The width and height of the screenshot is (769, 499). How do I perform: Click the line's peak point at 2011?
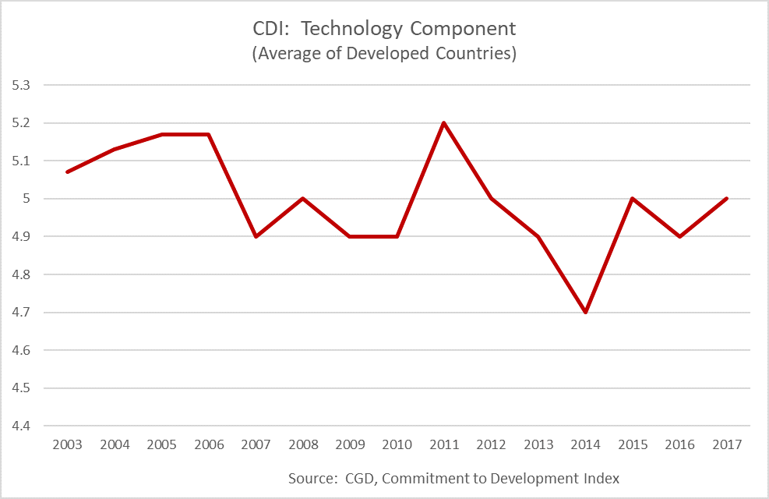pos(444,123)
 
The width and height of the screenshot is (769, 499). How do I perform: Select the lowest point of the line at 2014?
pos(585,312)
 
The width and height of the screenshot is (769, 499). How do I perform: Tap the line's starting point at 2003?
pos(68,172)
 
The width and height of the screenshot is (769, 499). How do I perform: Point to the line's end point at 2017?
pos(726,198)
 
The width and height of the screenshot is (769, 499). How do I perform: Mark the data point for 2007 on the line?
pos(256,236)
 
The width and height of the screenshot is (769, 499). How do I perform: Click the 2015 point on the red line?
pos(632,198)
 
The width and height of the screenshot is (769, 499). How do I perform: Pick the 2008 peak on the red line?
pos(303,198)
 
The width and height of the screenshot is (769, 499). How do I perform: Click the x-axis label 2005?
pos(162,444)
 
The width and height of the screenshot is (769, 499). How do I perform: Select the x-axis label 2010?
pos(397,444)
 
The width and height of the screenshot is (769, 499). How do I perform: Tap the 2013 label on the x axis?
pos(538,444)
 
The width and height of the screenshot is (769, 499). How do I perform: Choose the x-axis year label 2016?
pos(679,444)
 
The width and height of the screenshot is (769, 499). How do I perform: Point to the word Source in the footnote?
pos(311,478)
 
